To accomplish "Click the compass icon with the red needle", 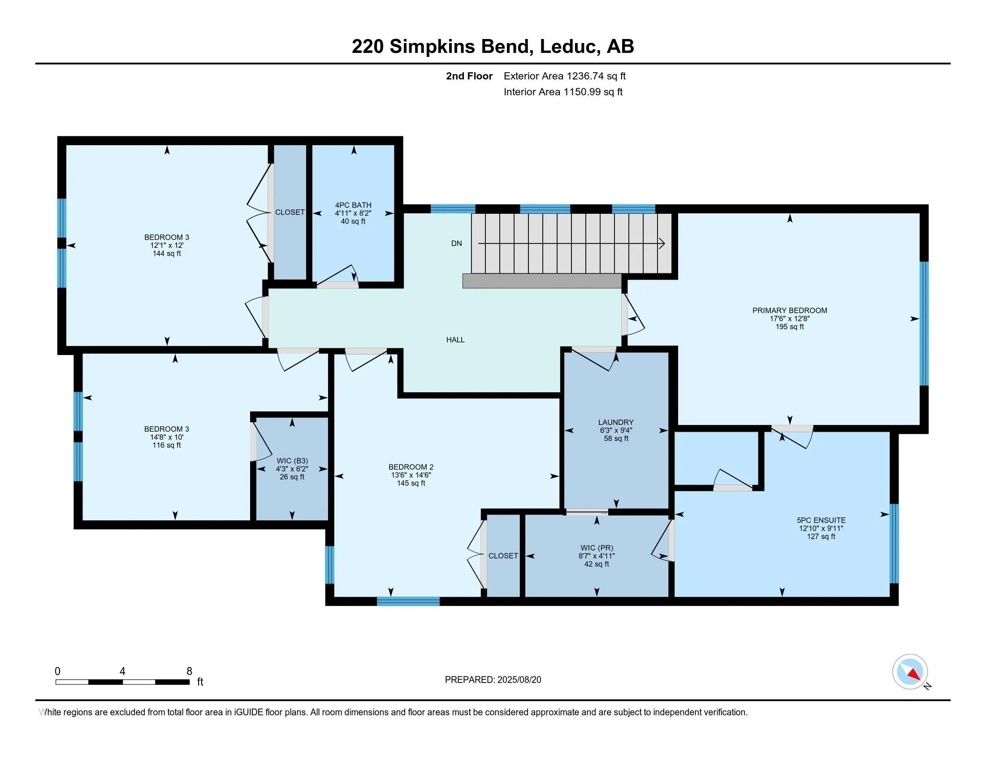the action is tap(910, 672).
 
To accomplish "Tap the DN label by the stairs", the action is tap(456, 243).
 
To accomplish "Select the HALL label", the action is tap(455, 340).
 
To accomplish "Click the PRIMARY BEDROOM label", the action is tap(790, 311).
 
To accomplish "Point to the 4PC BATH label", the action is tap(353, 205).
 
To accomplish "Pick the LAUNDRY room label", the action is tap(616, 423).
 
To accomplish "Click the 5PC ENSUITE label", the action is tap(821, 520).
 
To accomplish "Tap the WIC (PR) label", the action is tap(597, 548).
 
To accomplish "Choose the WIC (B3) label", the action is tap(292, 461).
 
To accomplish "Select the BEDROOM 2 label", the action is tap(411, 467).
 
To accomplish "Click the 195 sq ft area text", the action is tap(790, 327).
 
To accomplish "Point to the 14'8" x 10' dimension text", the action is tap(167, 437).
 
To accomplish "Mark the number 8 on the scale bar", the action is tap(190, 671).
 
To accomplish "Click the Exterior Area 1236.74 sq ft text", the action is tap(565, 76).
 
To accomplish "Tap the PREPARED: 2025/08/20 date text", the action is tap(493, 680).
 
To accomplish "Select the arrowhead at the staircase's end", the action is tap(662, 244).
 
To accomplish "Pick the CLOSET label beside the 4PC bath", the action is tap(290, 212).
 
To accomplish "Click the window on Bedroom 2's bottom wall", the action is tap(408, 601).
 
